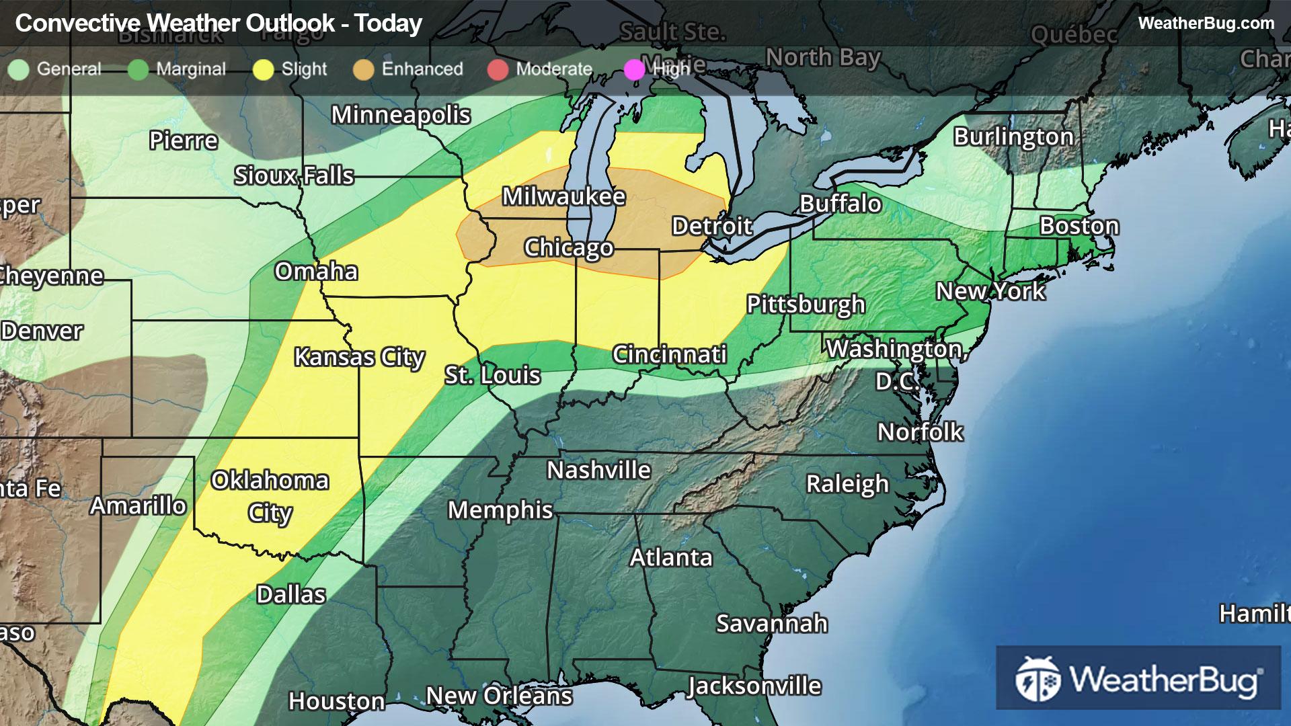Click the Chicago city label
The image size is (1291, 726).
(568, 247)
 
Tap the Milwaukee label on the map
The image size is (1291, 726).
(563, 196)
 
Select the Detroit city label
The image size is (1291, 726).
(712, 226)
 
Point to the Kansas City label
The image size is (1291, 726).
(359, 357)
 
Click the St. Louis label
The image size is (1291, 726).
(492, 375)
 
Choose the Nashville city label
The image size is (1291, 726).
(598, 470)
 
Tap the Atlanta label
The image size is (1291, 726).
(670, 557)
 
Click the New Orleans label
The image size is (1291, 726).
(499, 696)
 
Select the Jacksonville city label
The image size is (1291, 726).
(754, 686)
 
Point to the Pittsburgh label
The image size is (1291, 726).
(806, 305)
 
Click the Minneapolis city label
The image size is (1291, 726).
(401, 115)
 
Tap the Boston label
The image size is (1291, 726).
(1079, 226)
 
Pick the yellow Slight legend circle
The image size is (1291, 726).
(264, 70)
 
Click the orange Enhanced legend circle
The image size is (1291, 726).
(364, 70)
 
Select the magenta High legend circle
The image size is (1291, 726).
(634, 70)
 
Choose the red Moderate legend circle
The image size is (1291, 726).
(498, 70)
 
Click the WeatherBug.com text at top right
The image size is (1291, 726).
(1206, 23)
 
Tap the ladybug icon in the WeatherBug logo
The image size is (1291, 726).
(1038, 679)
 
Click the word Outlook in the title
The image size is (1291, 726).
(290, 24)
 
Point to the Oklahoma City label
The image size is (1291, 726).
(270, 496)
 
